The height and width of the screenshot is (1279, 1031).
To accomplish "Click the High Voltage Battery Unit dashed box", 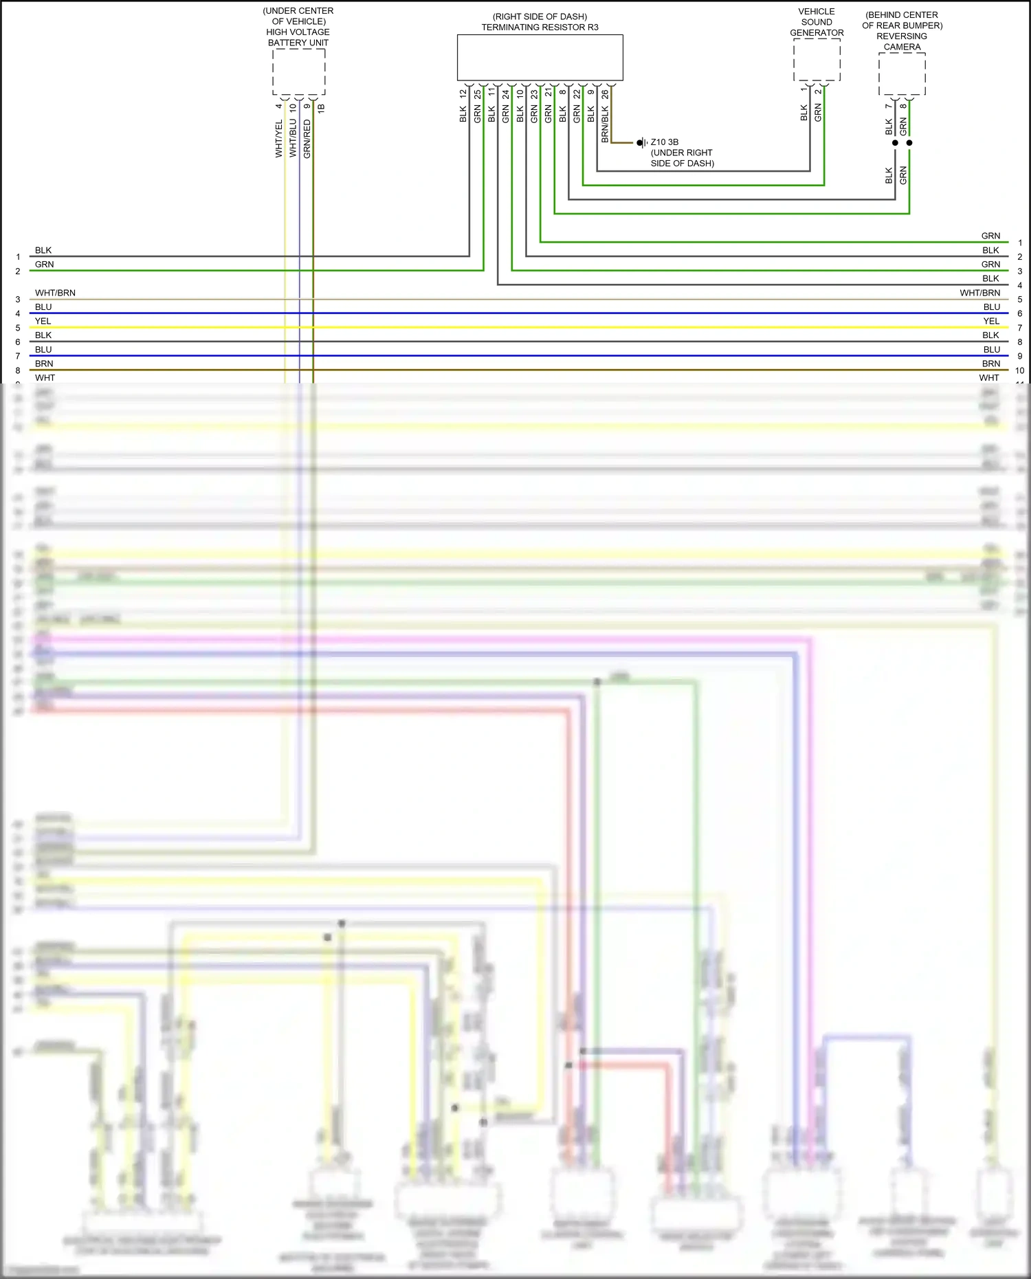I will [x=298, y=71].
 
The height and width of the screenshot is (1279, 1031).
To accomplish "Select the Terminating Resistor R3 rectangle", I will [x=540, y=58].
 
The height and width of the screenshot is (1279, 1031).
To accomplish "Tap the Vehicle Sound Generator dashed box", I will [x=817, y=60].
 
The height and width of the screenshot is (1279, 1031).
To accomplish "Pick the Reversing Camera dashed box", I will [x=902, y=74].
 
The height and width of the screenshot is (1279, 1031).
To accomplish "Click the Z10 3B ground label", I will [x=665, y=142].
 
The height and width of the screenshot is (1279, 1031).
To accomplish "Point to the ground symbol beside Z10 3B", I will [x=641, y=143].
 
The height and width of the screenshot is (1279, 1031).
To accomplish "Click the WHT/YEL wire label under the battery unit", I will [x=279, y=139].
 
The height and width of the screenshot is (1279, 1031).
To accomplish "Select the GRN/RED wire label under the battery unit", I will [x=307, y=139].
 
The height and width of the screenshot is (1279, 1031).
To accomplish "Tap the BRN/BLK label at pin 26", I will [x=605, y=124].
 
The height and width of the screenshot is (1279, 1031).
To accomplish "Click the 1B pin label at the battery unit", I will [x=321, y=107].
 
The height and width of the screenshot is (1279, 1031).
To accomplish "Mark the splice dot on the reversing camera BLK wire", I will [x=895, y=143].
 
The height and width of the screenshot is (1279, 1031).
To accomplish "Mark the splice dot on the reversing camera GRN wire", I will [x=909, y=143].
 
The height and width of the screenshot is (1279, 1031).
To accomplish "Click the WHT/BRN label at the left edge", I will [x=55, y=293].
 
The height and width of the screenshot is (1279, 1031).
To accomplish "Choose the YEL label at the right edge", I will [x=991, y=321].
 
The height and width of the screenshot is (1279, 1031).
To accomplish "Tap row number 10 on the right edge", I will [x=1020, y=370].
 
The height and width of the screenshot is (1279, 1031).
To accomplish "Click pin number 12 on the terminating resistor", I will [x=463, y=93].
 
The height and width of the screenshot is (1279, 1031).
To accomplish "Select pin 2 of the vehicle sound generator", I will [x=818, y=91].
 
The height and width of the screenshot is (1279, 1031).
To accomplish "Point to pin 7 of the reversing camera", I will [x=889, y=106].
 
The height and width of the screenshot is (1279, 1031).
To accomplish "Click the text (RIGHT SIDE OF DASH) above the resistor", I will [x=540, y=16].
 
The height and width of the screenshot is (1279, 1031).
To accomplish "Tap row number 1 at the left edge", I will [x=18, y=257].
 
